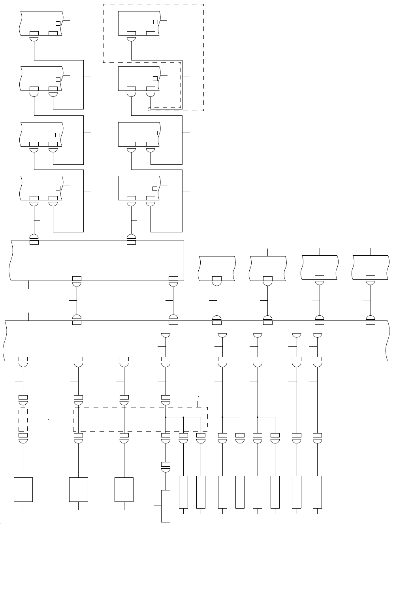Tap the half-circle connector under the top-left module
tap(34, 39)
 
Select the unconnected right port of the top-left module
tap(53, 33)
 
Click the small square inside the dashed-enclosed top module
tap(156, 22)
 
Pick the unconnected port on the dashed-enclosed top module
tap(151, 33)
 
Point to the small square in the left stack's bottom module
tap(58, 188)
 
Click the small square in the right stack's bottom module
tap(155, 188)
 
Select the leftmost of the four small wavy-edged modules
tap(217, 268)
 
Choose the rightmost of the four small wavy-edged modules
tap(371, 268)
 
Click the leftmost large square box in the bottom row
tap(23, 490)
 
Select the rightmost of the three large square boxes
tap(124, 490)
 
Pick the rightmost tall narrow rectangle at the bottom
tap(317, 492)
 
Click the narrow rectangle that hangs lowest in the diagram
tap(166, 506)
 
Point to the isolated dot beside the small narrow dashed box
tap(48, 418)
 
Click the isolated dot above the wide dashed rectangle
tap(198, 396)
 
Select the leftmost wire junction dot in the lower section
tap(166, 417)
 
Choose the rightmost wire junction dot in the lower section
tap(258, 417)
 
